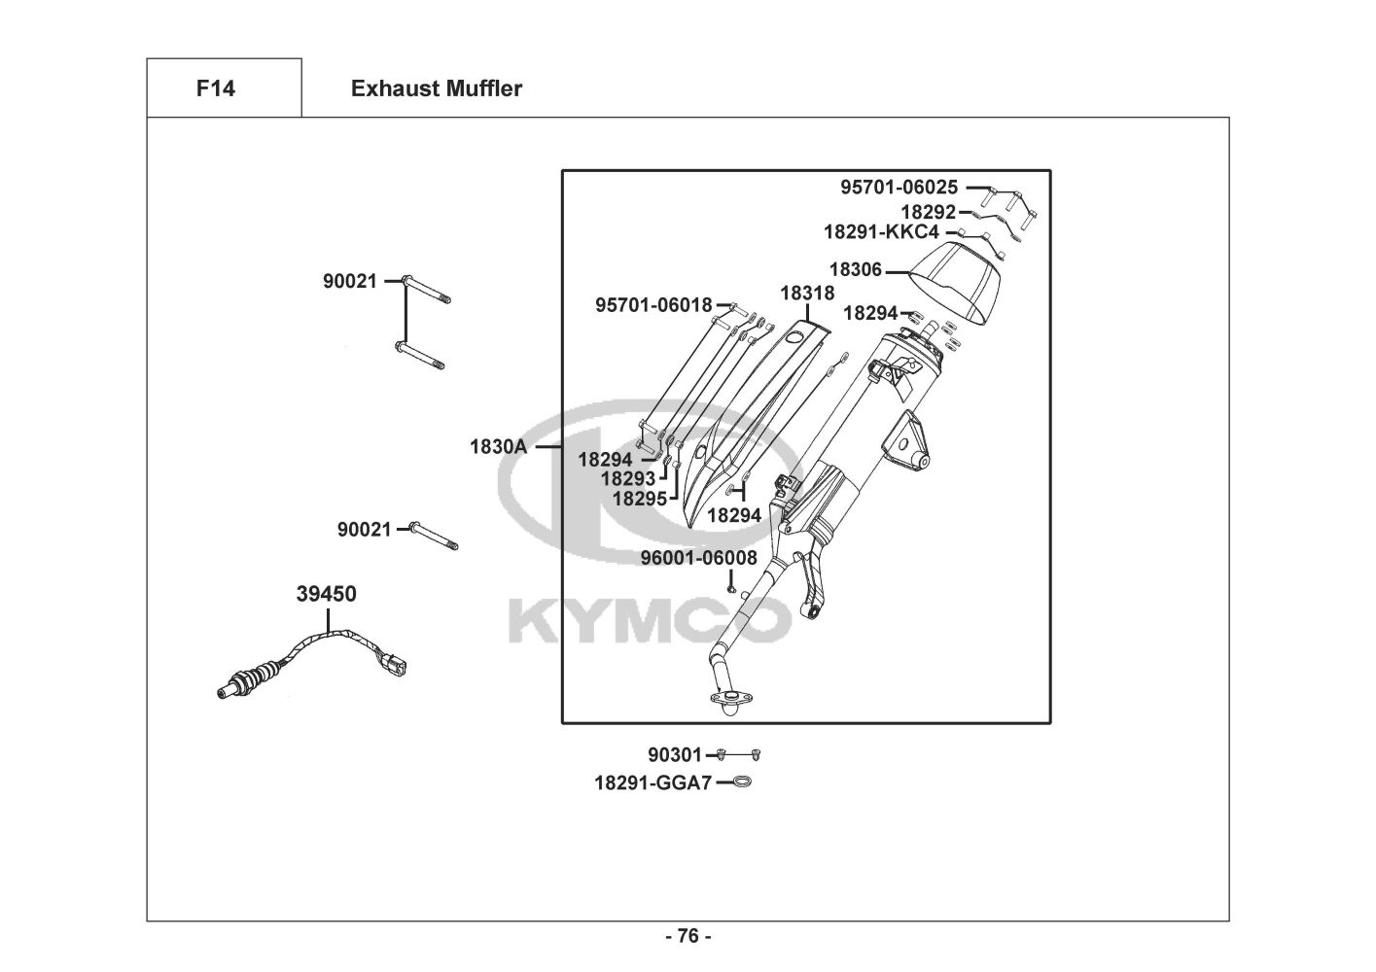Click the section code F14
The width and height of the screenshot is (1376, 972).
point(216,88)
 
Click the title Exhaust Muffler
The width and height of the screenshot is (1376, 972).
point(437,88)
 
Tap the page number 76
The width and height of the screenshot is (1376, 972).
point(688,936)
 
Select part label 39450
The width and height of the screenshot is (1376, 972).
point(326,594)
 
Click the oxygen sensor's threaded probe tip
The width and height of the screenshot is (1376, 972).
point(229,692)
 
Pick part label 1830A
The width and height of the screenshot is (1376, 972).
point(498,446)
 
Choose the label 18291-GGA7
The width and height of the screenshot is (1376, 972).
point(653,782)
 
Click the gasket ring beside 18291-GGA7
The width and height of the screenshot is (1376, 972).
point(742,781)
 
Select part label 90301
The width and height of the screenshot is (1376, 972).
point(675,754)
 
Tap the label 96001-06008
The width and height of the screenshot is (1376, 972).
point(698,558)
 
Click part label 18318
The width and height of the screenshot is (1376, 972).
point(807,294)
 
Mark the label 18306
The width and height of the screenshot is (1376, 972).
point(855,269)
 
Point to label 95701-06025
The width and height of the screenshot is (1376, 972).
point(899,187)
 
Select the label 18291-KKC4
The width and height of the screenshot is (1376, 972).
point(881,232)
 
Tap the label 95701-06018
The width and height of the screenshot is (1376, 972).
point(653,305)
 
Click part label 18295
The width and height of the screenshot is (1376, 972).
point(640,499)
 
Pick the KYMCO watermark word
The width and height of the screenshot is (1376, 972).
point(650,622)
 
